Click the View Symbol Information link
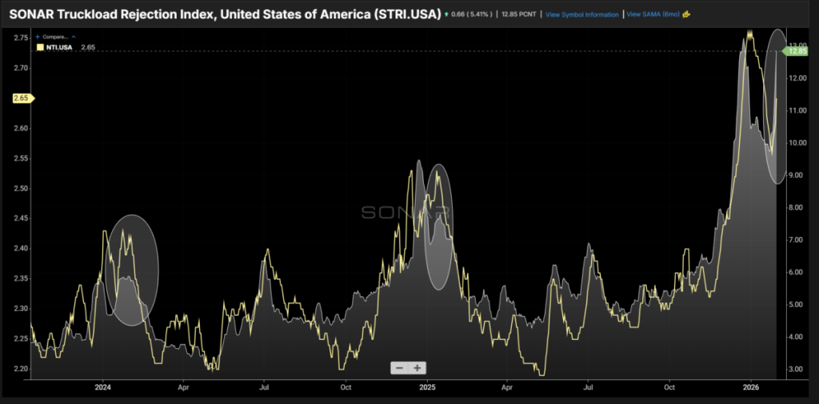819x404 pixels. pyautogui.click(x=581, y=14)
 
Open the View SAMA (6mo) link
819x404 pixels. pyautogui.click(x=653, y=14)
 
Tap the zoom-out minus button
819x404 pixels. pyautogui.click(x=398, y=367)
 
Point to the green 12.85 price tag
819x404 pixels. pyautogui.click(x=797, y=51)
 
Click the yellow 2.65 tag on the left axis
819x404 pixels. pyautogui.click(x=22, y=98)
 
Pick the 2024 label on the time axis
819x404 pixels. pyautogui.click(x=102, y=386)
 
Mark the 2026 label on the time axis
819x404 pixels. pyautogui.click(x=750, y=386)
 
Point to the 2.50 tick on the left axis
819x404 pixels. pyautogui.click(x=22, y=189)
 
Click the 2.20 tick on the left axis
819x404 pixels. pyautogui.click(x=22, y=369)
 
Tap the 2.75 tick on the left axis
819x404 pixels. pyautogui.click(x=22, y=38)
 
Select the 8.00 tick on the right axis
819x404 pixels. pyautogui.click(x=797, y=207)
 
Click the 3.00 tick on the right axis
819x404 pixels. pyautogui.click(x=797, y=369)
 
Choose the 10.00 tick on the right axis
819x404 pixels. pyautogui.click(x=797, y=142)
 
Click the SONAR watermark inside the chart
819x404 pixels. pyautogui.click(x=406, y=212)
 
